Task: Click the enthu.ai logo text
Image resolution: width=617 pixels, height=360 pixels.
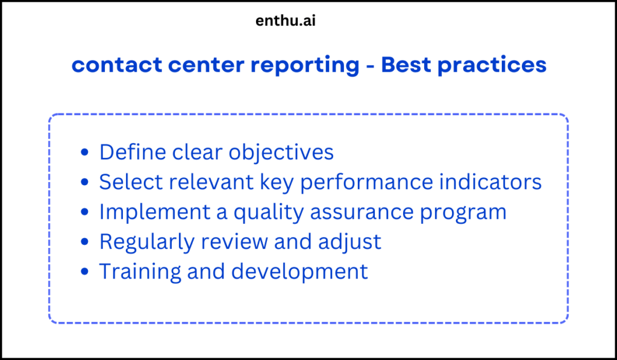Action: [x=286, y=21]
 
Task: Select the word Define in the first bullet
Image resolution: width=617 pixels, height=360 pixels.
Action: [x=133, y=152]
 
